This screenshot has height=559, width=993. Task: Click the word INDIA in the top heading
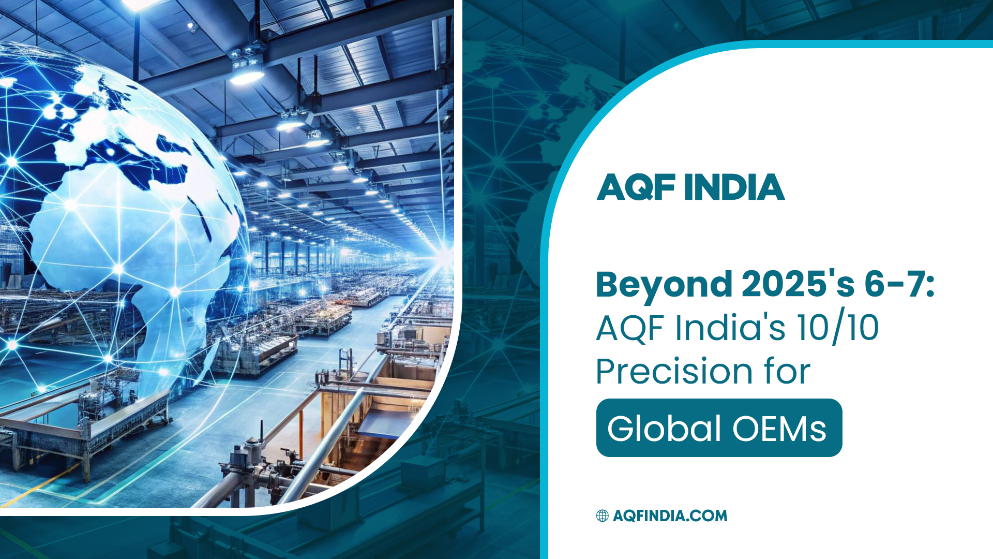point(734,187)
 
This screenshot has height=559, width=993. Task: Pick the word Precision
point(674,372)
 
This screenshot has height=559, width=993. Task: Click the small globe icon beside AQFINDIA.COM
point(602,516)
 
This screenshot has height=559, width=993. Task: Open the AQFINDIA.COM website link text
point(670,516)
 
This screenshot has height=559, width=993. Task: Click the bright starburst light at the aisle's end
point(444,256)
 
